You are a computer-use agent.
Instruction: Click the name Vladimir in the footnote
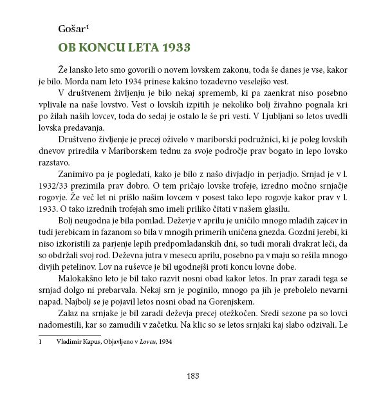(71, 342)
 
